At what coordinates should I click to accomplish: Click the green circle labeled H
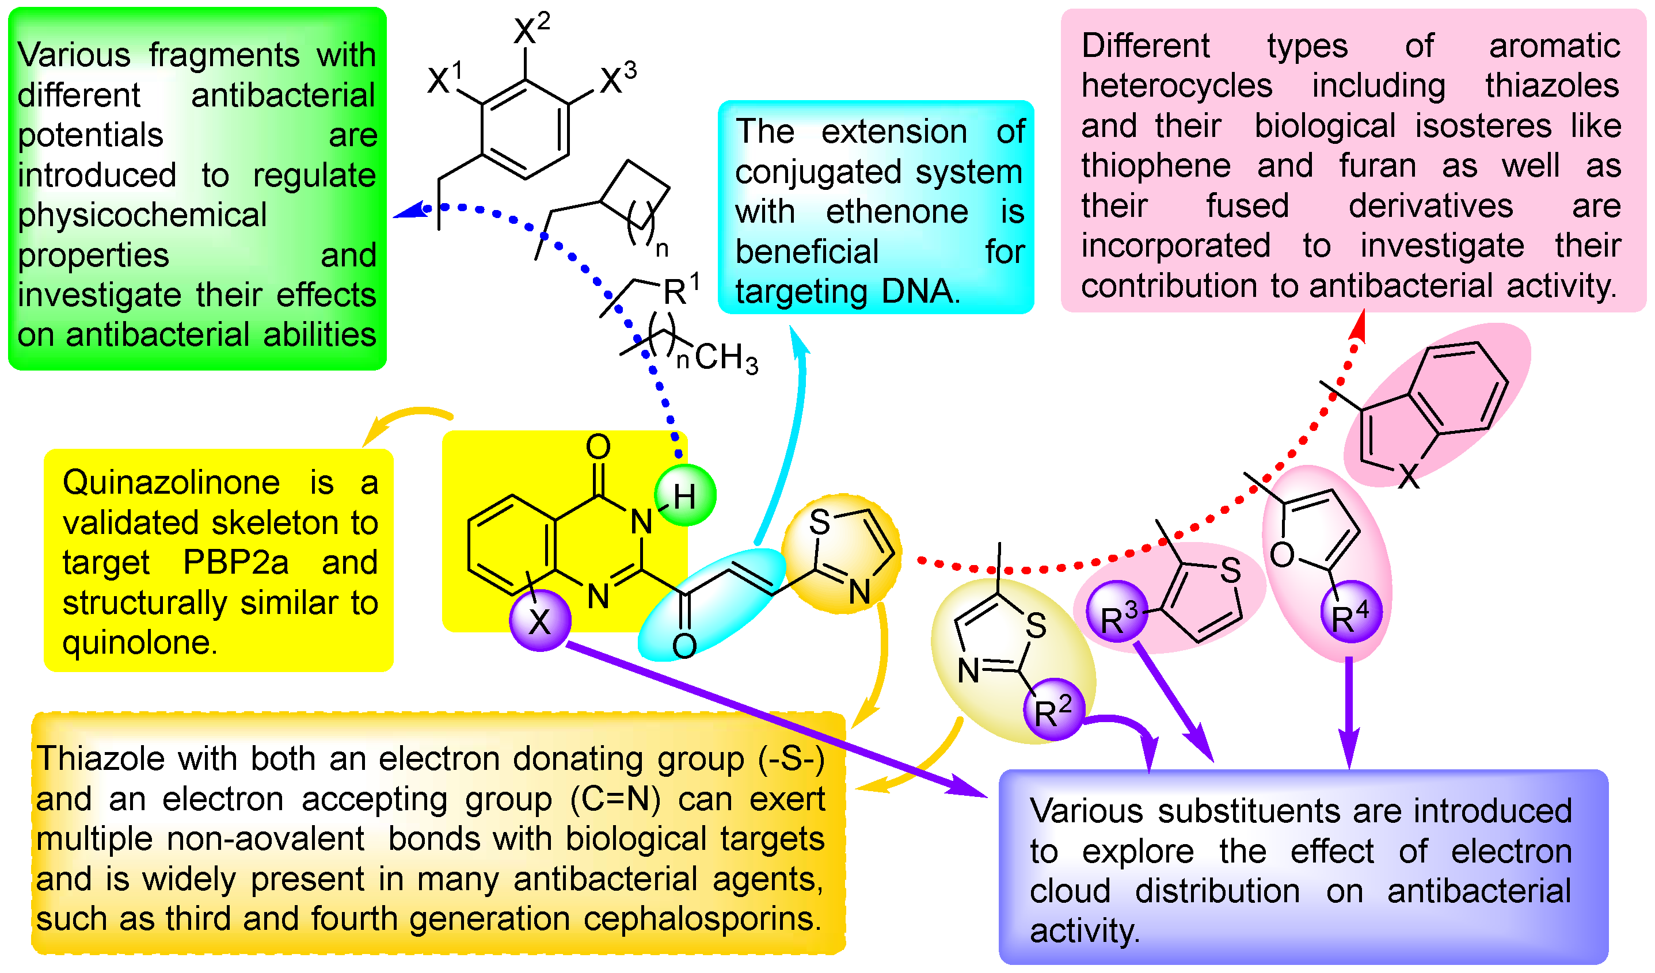click(685, 495)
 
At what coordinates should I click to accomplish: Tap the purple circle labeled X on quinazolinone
click(540, 620)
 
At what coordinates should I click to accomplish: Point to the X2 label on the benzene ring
click(531, 28)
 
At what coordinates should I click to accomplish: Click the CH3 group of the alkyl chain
click(726, 358)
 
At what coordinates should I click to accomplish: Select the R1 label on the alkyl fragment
click(680, 289)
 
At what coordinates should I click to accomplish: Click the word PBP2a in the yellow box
click(235, 563)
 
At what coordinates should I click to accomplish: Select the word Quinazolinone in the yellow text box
click(171, 483)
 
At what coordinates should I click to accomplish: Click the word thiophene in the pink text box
click(1156, 166)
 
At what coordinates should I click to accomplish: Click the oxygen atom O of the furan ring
click(1281, 555)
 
